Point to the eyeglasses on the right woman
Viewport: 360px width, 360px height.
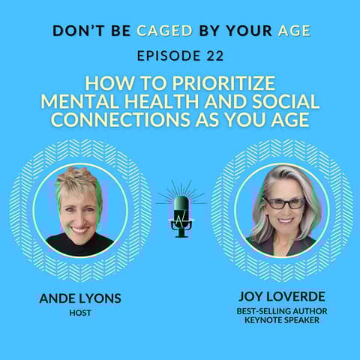pos(283,203)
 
